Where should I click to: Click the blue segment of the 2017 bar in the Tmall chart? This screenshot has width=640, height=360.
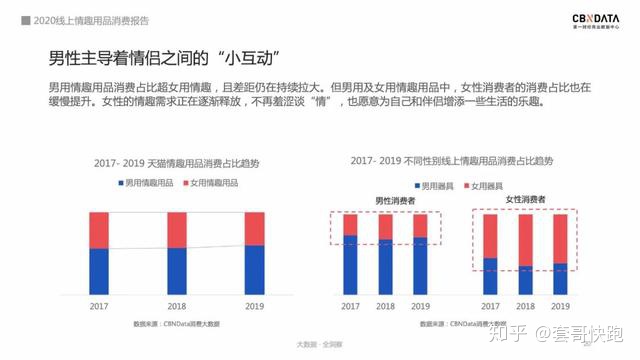pos(99,271)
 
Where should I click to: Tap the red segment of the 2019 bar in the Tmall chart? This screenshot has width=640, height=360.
pos(255,228)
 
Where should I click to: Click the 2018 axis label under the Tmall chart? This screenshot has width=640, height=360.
pos(177,306)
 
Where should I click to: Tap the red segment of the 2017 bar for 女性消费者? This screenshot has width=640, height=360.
pos(490,235)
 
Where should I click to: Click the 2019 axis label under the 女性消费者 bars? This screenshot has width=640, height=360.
pos(560,306)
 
